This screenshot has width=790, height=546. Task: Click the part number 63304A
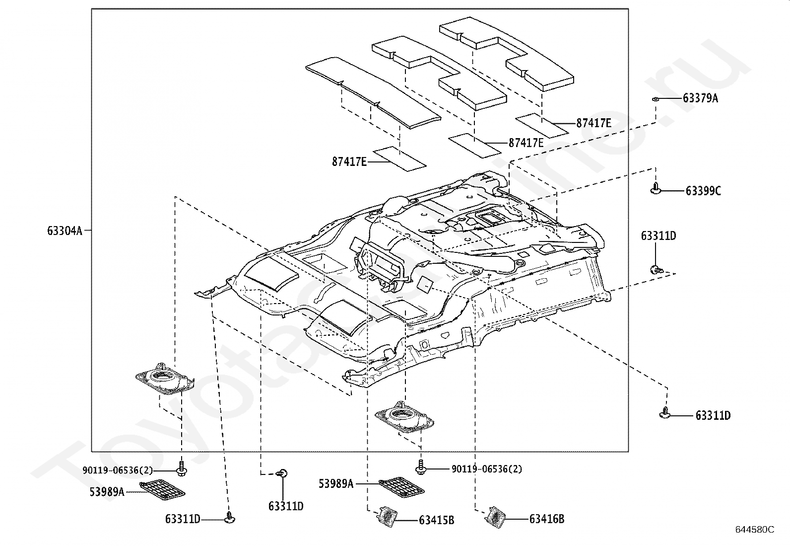[65, 231]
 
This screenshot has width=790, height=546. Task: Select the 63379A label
[700, 98]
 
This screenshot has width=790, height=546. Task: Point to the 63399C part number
[703, 191]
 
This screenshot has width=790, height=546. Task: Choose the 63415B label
[436, 520]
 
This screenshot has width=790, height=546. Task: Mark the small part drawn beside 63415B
[386, 516]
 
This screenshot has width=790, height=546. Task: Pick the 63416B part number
[546, 519]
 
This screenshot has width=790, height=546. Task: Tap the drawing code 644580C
[754, 530]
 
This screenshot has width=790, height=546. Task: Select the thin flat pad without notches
[372, 92]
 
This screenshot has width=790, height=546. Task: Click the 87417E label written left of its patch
[349, 161]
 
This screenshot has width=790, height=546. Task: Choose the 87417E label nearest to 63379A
[593, 123]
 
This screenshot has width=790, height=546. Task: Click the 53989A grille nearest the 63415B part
[401, 487]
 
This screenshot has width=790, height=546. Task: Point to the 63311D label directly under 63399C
[658, 236]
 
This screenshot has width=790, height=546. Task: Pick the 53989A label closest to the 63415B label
[336, 483]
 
